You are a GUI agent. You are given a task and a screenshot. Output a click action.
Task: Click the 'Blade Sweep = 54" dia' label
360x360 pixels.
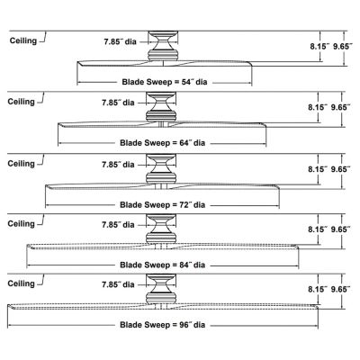pyautogui.click(x=165, y=82)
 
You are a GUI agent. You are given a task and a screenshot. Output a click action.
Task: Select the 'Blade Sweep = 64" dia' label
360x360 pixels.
pyautogui.click(x=163, y=143)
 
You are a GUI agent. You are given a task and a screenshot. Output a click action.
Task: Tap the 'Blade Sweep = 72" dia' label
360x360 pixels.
pyautogui.click(x=163, y=205)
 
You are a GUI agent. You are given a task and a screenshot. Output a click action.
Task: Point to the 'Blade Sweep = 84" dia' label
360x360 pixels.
pyautogui.click(x=163, y=265)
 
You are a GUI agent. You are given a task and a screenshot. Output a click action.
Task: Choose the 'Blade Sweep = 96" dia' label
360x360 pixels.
pyautogui.click(x=163, y=325)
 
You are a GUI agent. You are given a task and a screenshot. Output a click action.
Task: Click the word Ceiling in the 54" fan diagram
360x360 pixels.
pyautogui.click(x=23, y=40)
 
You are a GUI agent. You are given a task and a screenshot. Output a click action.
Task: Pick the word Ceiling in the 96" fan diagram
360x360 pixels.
pyautogui.click(x=21, y=283)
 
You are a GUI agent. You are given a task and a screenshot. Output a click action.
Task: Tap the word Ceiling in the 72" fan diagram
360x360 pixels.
pyautogui.click(x=21, y=164)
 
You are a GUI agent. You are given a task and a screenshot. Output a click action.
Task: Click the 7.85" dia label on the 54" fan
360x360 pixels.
pyautogui.click(x=120, y=41)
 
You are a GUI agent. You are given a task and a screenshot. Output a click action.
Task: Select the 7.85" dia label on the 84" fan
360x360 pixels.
pyautogui.click(x=118, y=225)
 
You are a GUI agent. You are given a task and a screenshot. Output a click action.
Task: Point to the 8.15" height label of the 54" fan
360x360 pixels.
pyautogui.click(x=320, y=47)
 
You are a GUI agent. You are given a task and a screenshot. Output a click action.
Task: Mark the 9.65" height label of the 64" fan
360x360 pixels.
pyautogui.click(x=340, y=107)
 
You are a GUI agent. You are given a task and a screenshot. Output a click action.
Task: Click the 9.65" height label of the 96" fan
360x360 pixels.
pyautogui.click(x=340, y=289)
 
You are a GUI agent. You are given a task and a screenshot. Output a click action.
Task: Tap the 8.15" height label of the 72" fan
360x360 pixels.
pyautogui.click(x=319, y=169)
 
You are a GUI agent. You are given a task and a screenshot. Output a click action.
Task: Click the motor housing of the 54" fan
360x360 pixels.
pyautogui.click(x=163, y=46)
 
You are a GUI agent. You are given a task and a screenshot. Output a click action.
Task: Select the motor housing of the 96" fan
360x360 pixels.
pyautogui.click(x=161, y=289)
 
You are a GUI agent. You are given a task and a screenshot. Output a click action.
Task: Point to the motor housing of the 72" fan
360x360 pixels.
pyautogui.click(x=161, y=169)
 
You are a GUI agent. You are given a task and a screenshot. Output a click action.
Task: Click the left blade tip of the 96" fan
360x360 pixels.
pyautogui.click(x=8, y=306)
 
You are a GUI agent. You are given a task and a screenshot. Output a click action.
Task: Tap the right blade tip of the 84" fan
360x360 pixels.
pyautogui.click(x=299, y=247)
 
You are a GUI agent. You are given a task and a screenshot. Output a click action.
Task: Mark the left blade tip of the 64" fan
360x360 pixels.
pyautogui.click(x=58, y=124)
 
